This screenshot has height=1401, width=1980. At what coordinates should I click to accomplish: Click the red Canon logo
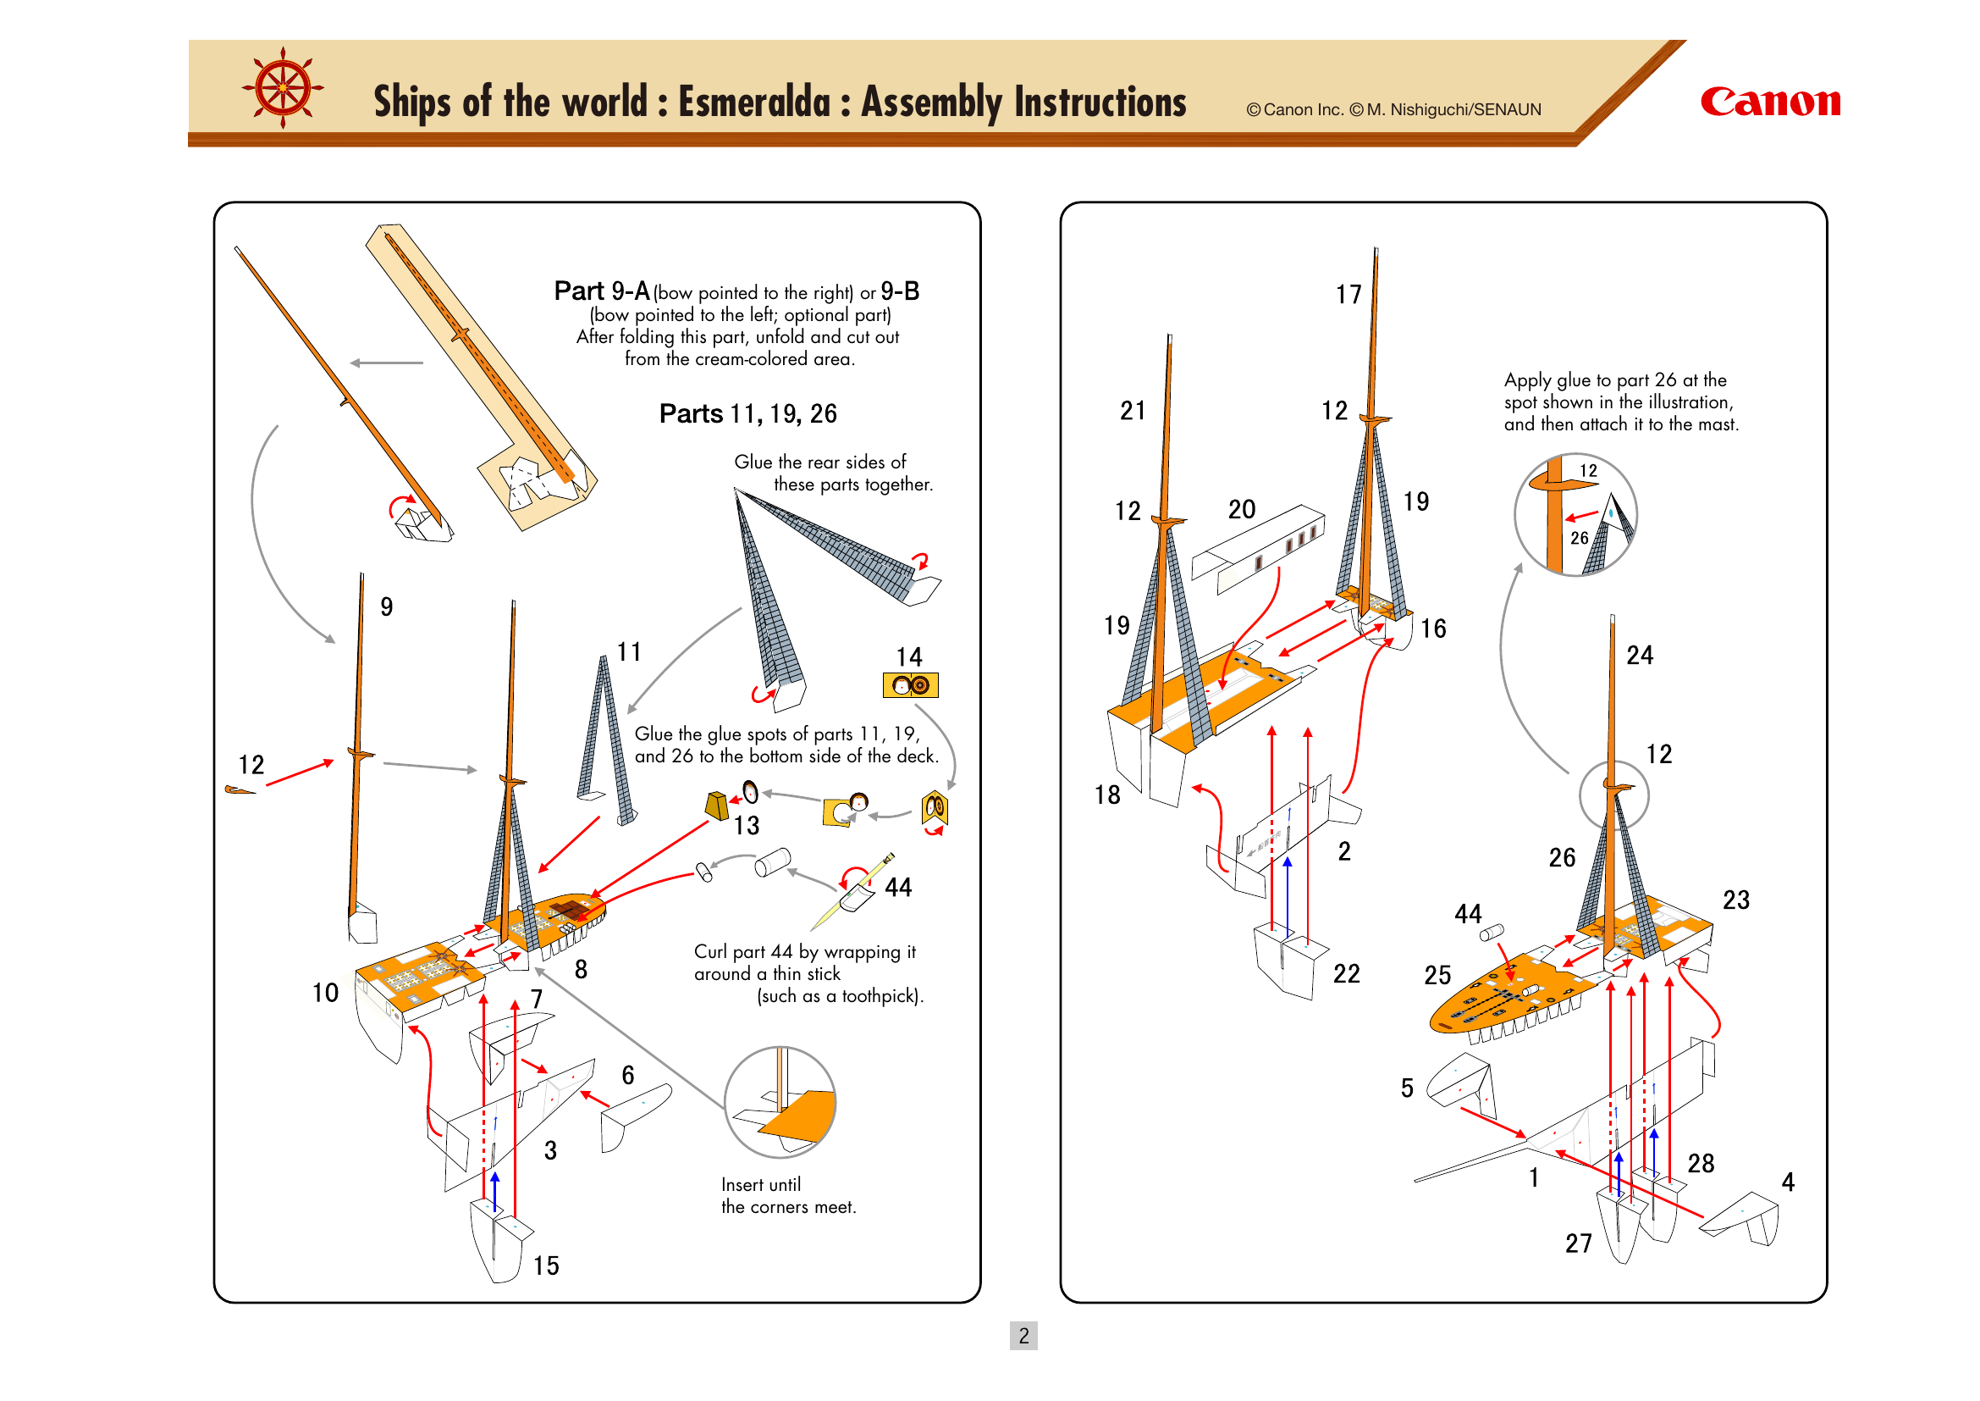(1769, 102)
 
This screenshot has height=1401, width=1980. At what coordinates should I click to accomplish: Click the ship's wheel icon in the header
(283, 88)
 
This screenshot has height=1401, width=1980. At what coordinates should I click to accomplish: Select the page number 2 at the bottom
(1023, 1336)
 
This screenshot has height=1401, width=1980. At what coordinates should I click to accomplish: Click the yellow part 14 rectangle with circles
(910, 685)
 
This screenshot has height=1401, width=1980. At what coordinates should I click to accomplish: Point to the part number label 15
(546, 1265)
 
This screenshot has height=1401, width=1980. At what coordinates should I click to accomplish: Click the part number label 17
(1348, 295)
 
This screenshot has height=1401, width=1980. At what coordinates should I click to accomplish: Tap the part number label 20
(1241, 510)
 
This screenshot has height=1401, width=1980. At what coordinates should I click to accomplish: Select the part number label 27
(1578, 1243)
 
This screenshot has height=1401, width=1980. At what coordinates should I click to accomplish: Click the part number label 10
(325, 993)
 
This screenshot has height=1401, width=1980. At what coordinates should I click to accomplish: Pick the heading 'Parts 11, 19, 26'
(747, 414)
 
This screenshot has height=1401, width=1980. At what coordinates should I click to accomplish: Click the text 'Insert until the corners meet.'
(788, 1196)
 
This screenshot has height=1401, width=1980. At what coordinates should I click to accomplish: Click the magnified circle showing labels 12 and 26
(1575, 515)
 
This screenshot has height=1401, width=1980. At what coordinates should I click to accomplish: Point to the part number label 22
(1346, 974)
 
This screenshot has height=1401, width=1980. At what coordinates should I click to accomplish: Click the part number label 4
(1788, 1182)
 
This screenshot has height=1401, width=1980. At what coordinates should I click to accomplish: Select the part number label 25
(1437, 975)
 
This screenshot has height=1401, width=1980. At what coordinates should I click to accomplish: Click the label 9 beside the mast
(386, 607)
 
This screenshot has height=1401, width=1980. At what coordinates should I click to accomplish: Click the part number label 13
(746, 826)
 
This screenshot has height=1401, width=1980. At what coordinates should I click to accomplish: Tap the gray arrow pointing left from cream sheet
(386, 363)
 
